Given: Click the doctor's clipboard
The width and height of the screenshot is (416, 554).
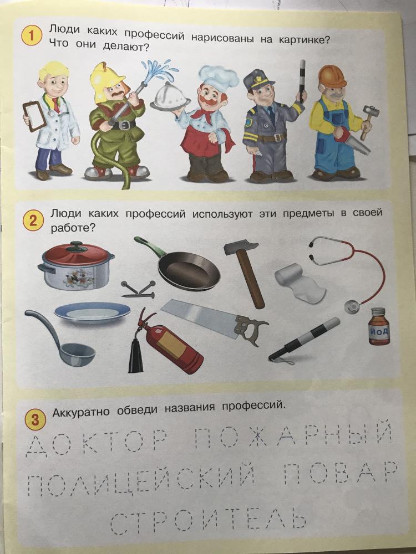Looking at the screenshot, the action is [x=34, y=116].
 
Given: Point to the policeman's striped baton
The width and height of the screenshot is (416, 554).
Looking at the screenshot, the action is [x=302, y=81].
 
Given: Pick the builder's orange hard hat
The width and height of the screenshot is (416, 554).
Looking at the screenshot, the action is [x=332, y=76].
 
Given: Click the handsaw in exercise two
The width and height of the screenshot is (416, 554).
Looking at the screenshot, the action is [x=215, y=321].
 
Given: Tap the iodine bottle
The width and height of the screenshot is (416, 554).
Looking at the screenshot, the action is [x=379, y=326].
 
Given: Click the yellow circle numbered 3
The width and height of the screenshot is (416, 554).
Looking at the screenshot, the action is [x=35, y=419].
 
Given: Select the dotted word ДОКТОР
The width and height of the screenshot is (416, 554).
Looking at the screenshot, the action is [x=96, y=441].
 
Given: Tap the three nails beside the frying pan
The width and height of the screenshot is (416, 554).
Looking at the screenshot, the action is [x=138, y=289].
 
